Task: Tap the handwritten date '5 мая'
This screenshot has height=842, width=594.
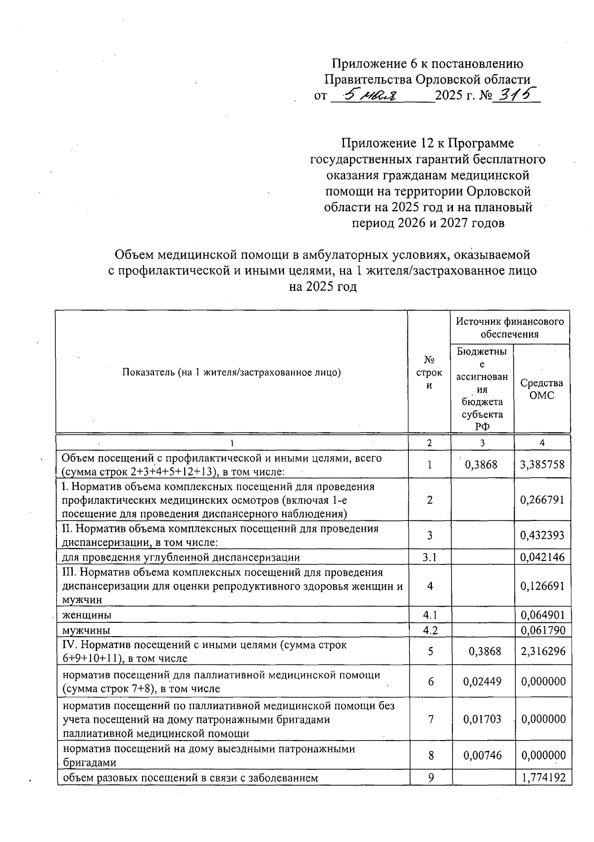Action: click(372, 94)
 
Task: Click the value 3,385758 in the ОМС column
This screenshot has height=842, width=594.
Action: click(543, 465)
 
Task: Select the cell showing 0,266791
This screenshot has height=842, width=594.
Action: click(543, 500)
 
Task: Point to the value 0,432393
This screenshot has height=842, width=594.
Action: click(543, 535)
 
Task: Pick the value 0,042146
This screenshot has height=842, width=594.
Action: click(543, 558)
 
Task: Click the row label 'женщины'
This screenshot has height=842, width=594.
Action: click(87, 615)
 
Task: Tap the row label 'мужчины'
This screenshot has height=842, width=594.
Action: click(86, 630)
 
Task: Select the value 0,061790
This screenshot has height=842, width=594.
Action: click(543, 630)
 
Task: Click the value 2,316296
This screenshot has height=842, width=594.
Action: click(543, 652)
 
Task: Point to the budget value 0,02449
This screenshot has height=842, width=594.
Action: click(482, 682)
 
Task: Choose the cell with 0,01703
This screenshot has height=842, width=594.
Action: click(482, 719)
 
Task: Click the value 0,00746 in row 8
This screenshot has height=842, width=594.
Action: click(482, 755)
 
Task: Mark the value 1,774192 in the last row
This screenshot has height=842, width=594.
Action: click(543, 778)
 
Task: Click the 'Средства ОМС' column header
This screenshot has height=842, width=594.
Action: click(542, 389)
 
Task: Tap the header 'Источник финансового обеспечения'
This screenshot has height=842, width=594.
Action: click(510, 327)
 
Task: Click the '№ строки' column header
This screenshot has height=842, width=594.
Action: click(429, 373)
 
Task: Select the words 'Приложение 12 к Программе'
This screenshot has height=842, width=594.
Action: click(428, 143)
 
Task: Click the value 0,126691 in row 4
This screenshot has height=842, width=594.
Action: click(543, 586)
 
